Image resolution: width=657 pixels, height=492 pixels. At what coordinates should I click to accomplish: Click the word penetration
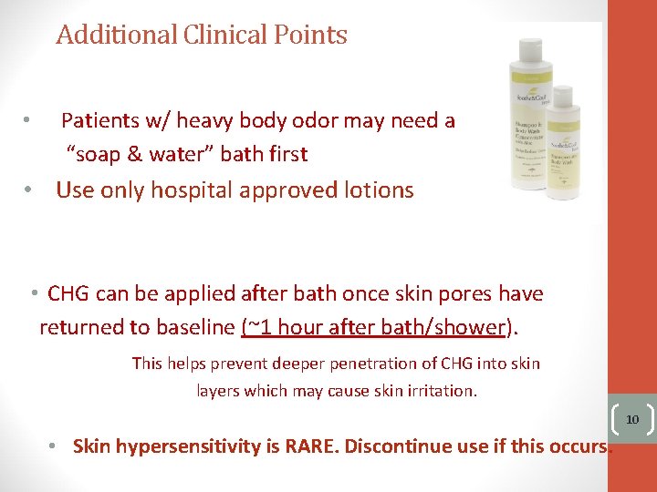(x=388, y=364)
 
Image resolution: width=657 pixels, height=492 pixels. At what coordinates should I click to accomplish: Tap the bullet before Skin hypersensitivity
(x=54, y=446)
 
